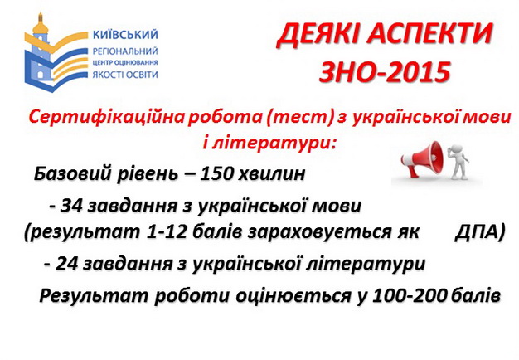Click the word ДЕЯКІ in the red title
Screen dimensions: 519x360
pyautogui.click(x=318, y=35)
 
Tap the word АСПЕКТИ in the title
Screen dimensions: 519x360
pyautogui.click(x=429, y=35)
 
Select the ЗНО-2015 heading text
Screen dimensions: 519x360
pyautogui.click(x=385, y=72)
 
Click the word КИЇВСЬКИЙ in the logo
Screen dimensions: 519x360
pyautogui.click(x=125, y=34)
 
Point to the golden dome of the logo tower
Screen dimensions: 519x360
pyautogui.click(x=41, y=26)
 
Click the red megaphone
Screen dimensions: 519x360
pyautogui.click(x=421, y=158)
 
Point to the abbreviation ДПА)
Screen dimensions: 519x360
pyautogui.click(x=479, y=232)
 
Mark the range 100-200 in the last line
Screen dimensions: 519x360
pyautogui.click(x=409, y=296)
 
